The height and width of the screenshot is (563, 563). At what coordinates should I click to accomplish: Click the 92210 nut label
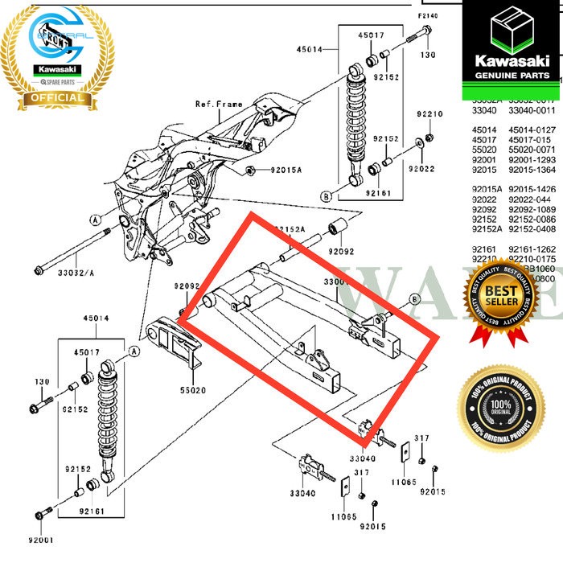(429, 115)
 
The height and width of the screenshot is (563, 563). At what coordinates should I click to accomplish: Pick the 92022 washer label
(421, 169)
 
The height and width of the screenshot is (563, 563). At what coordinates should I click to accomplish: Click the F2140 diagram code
(428, 16)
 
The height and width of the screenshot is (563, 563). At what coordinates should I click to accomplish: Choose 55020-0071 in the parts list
(534, 150)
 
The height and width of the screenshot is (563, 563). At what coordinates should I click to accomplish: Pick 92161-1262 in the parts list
(534, 249)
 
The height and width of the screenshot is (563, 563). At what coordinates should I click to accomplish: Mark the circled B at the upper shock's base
(325, 195)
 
